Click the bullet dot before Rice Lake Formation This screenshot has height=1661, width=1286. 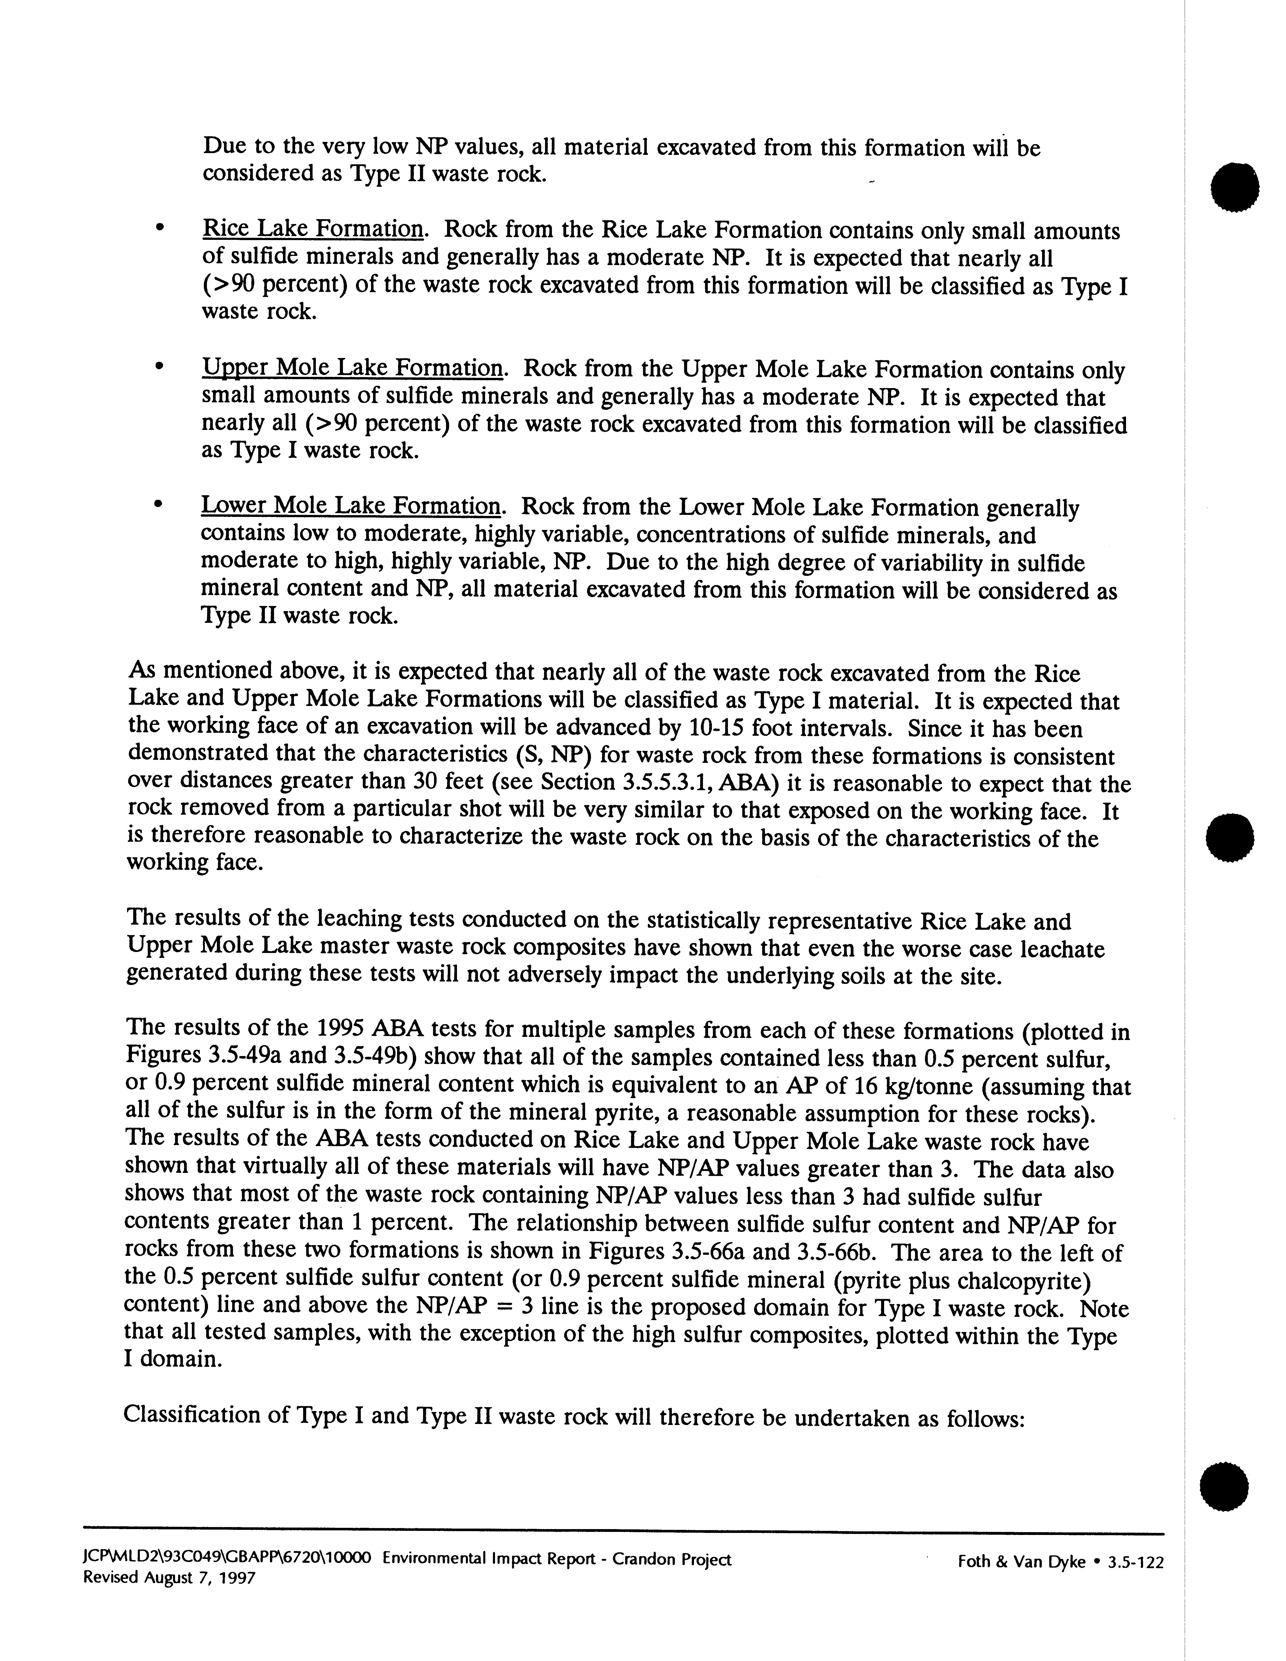158,227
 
